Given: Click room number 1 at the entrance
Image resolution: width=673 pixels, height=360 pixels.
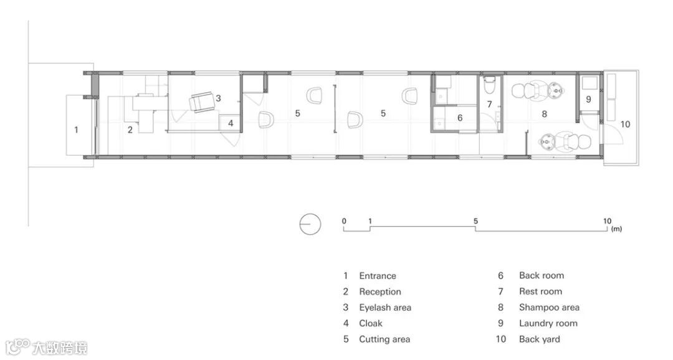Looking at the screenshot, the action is [77, 129].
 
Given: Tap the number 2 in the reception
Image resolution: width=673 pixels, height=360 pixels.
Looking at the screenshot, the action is [130, 130].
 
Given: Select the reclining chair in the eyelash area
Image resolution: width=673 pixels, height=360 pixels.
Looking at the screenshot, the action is [202, 102].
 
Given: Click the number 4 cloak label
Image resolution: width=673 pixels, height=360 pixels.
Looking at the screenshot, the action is [231, 123].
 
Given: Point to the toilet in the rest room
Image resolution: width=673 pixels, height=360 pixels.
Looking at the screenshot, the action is [489, 85].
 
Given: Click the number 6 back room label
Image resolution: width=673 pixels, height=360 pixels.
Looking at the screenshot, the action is [460, 118].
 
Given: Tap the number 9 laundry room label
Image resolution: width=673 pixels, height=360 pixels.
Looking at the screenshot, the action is [588, 99].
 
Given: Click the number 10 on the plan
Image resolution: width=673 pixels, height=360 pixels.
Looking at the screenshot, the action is [625, 124].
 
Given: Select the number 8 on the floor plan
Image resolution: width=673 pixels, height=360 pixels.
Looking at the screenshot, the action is [544, 114].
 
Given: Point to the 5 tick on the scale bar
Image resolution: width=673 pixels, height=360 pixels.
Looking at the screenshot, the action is [475, 221].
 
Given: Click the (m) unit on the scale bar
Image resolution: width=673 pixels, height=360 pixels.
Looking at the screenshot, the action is [616, 229].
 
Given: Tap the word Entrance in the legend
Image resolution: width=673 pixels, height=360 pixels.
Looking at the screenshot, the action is [378, 276].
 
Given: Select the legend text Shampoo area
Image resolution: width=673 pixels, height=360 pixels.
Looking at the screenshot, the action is [550, 307].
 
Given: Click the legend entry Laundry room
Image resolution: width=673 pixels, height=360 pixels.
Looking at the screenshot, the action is [548, 323].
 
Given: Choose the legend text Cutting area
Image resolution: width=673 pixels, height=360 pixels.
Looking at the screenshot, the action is [384, 339].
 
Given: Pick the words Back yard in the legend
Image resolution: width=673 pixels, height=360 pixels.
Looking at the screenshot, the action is [540, 339].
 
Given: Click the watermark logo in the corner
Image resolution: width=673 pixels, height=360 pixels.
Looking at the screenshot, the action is [46, 347].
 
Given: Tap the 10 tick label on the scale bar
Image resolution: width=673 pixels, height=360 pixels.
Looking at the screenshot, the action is [607, 221].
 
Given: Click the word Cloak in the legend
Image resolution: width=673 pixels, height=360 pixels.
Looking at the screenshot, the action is [371, 323].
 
